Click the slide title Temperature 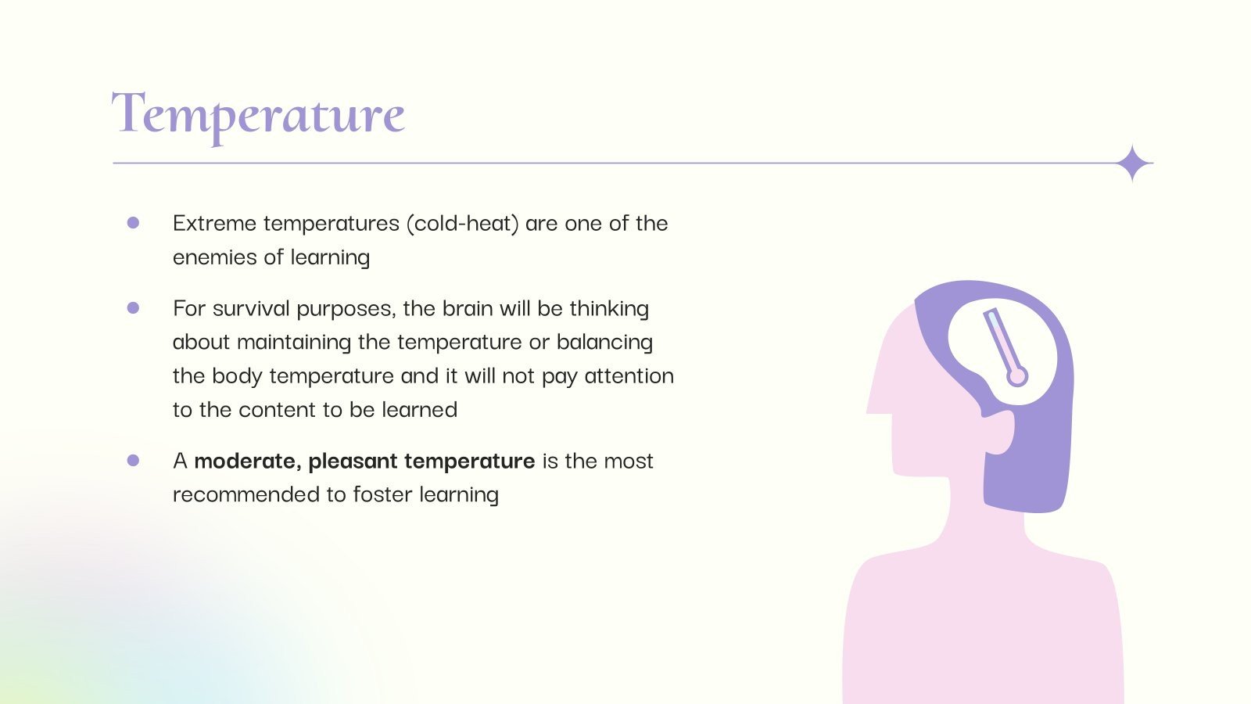point(258,117)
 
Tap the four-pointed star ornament point(1133,163)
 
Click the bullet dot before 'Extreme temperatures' point(133,223)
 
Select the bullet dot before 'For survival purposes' point(133,308)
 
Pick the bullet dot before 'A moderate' point(133,461)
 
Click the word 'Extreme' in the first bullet point(214,224)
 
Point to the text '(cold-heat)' point(462,224)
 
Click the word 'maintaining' point(294,342)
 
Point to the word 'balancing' point(604,342)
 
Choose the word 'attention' point(629,376)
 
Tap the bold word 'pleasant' point(353,461)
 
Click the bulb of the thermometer point(1017,376)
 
